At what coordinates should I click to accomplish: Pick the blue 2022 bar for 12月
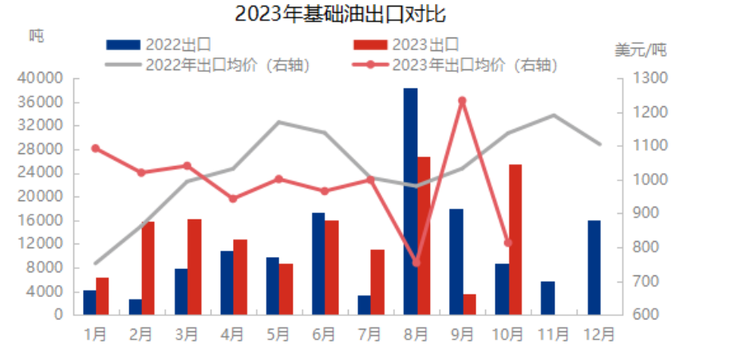tap(594, 267)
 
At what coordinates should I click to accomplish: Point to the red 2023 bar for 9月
tap(469, 304)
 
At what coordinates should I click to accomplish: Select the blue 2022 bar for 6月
tap(318, 263)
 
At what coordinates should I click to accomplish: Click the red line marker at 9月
tap(462, 101)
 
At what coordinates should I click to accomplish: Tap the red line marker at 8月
tap(416, 262)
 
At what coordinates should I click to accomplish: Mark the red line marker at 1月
tap(96, 148)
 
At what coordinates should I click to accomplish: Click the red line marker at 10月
tap(508, 243)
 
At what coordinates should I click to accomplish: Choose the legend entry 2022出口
tap(160, 45)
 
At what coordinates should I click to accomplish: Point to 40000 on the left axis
tap(43, 79)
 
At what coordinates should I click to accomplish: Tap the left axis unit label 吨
tap(37, 35)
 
